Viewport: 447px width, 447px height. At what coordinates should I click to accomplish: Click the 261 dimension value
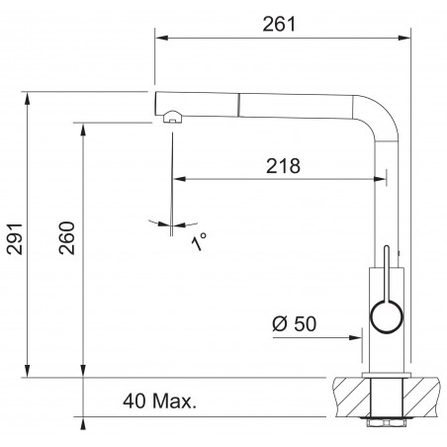click(279, 24)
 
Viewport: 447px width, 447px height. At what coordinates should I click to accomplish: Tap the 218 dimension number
click(283, 166)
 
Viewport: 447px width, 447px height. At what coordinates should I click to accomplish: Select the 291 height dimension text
click(15, 238)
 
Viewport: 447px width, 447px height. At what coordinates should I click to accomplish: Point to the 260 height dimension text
click(67, 237)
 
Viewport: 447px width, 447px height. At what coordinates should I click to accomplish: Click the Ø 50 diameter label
click(295, 323)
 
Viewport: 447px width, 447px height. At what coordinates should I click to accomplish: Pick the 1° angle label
click(199, 241)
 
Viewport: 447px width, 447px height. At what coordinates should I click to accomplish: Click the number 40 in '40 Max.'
click(134, 402)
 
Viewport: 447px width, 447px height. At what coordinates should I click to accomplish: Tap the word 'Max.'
click(175, 402)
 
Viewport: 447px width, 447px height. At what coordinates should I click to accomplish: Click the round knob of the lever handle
click(387, 316)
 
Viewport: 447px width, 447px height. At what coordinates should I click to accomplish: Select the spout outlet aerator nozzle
click(172, 117)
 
